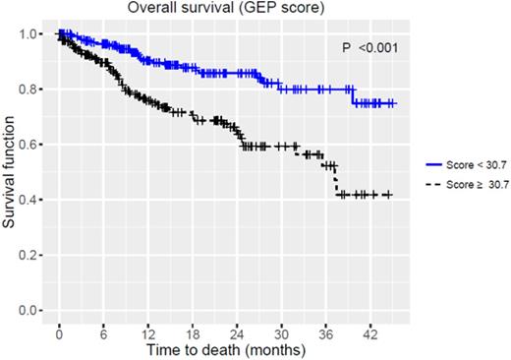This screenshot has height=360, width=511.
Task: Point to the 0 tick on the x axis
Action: tap(59, 331)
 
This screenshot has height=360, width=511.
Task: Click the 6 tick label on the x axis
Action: tap(103, 331)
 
